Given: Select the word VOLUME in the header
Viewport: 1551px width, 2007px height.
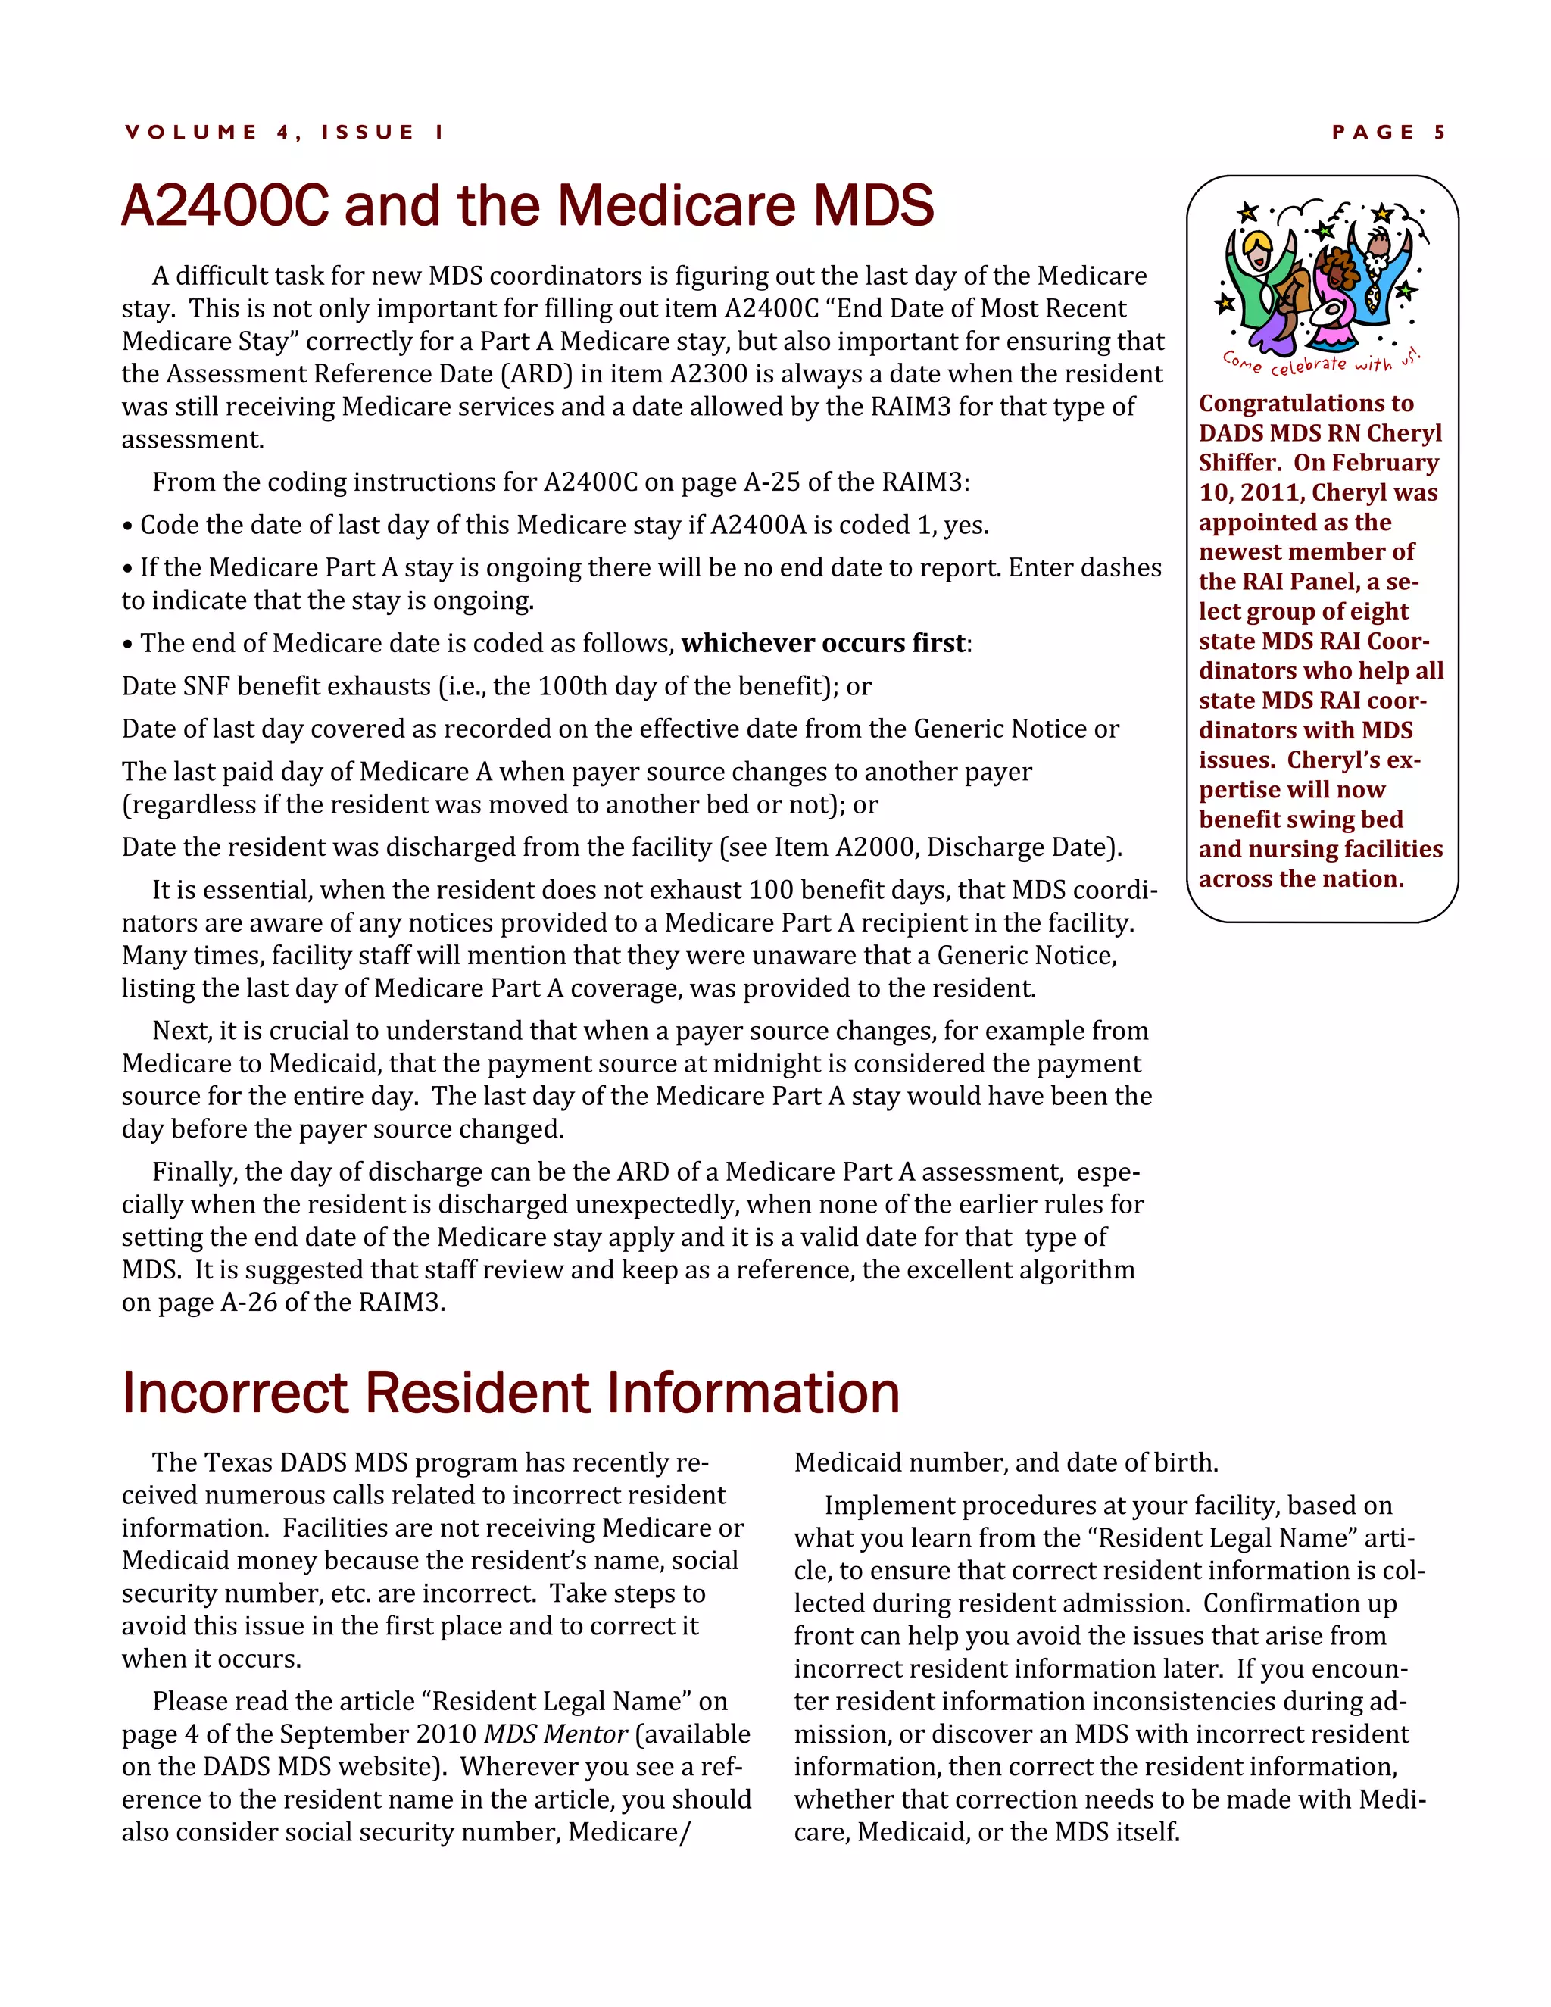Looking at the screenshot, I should click(191, 133).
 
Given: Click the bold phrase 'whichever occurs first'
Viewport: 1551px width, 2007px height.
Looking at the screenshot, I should click(823, 643).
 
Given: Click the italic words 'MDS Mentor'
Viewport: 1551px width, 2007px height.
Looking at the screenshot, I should click(555, 1734).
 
